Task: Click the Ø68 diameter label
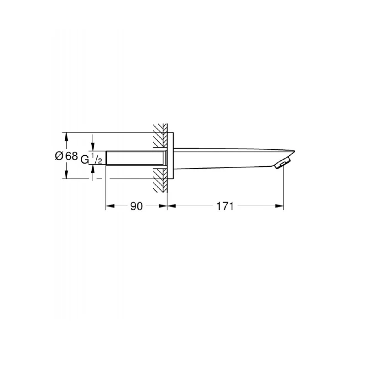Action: tap(66, 156)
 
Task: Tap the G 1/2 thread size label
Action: tap(91, 159)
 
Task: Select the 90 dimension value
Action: tap(136, 206)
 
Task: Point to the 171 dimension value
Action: tap(225, 206)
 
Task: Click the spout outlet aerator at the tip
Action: tap(284, 162)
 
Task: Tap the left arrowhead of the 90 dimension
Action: tap(109, 206)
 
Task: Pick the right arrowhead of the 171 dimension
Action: tap(281, 206)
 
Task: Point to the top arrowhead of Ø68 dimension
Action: tap(67, 136)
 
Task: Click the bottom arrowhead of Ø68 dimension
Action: tap(67, 175)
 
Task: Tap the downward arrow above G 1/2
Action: tap(93, 147)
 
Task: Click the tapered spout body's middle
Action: tap(228, 158)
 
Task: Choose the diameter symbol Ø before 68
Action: tap(58, 156)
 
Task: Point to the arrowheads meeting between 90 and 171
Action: tap(166, 206)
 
